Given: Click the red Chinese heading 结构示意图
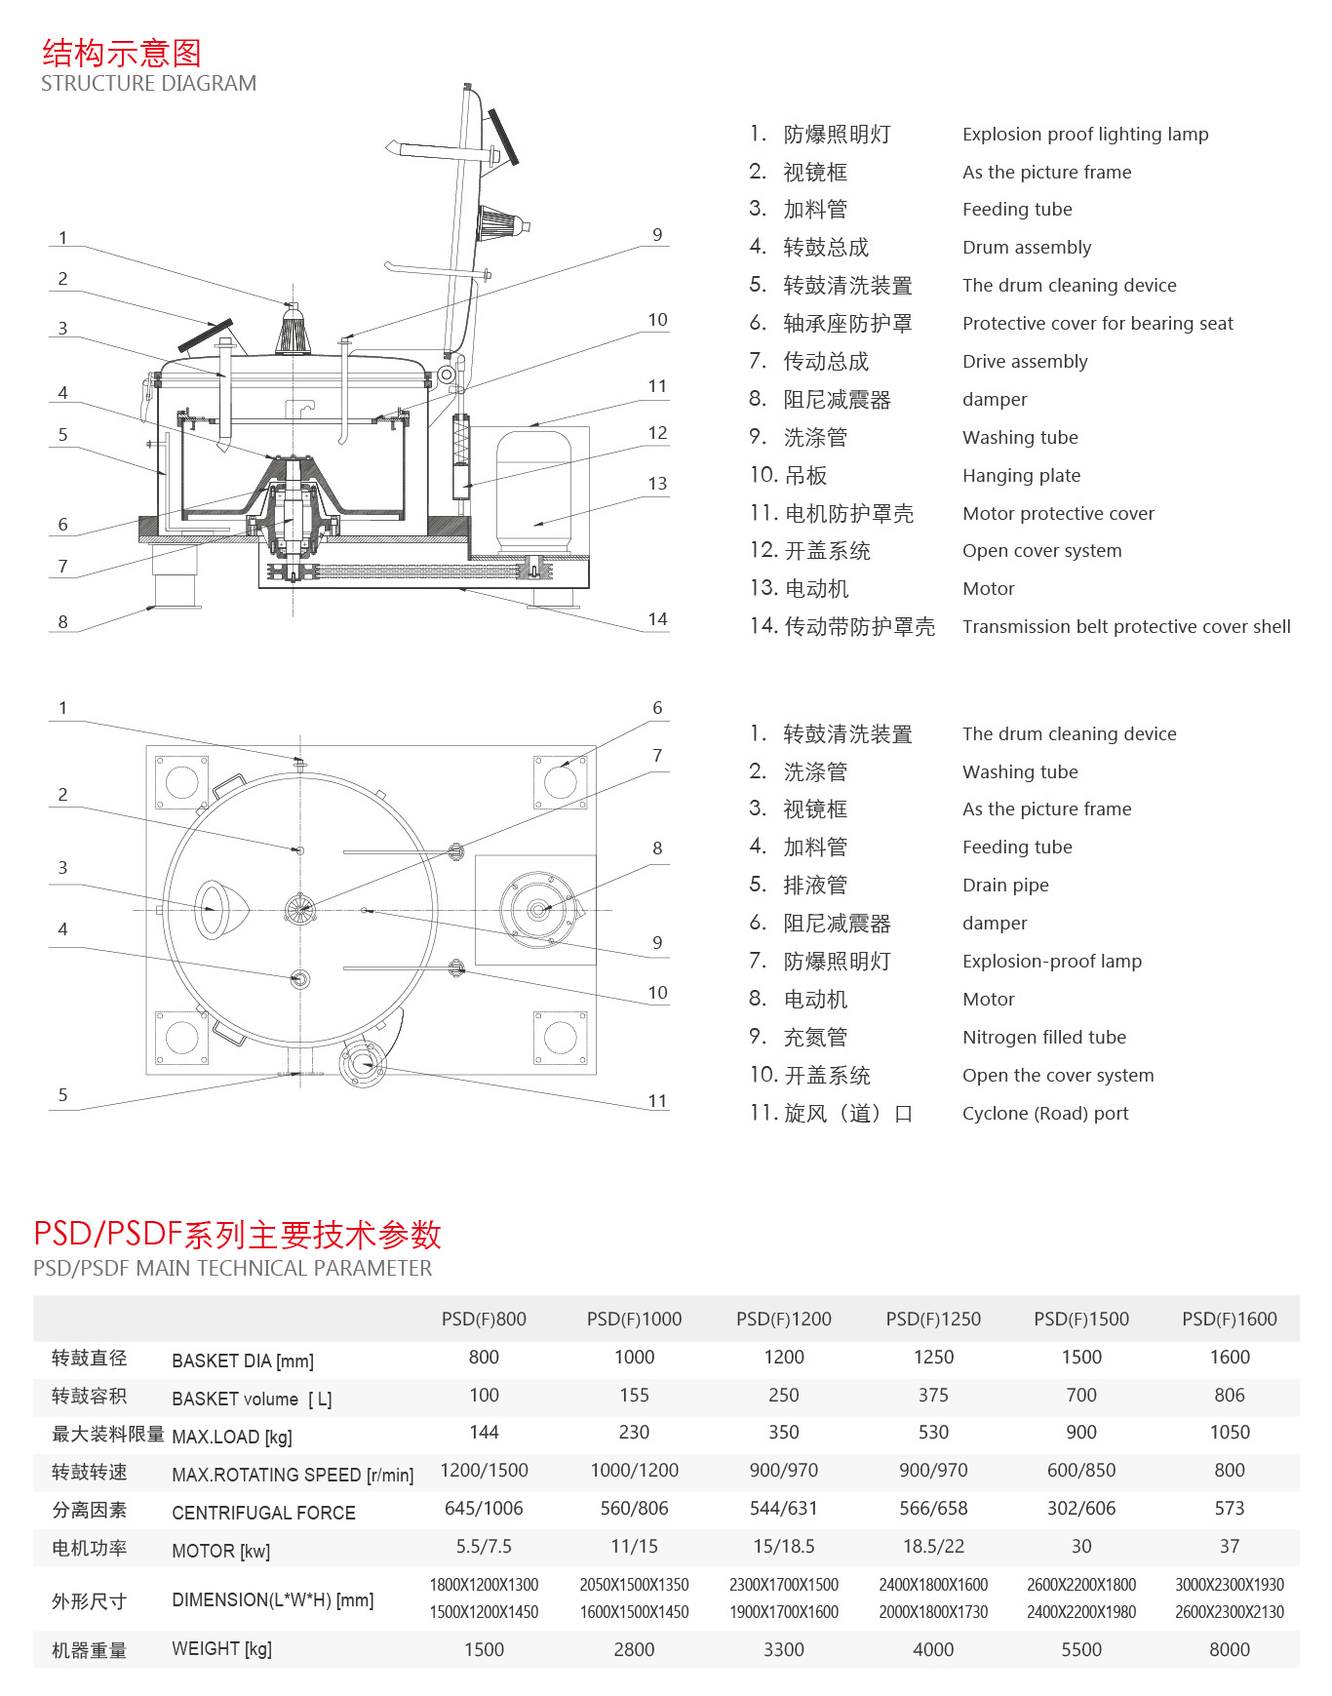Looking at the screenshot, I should click(x=122, y=53).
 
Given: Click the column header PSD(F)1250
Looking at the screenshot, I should click(x=933, y=1320).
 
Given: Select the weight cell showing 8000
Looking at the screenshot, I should click(x=1229, y=1649).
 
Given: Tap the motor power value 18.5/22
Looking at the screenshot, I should click(x=933, y=1547).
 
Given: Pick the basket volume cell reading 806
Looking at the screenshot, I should click(x=1229, y=1396).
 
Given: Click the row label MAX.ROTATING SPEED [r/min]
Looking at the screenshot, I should click(x=293, y=1475).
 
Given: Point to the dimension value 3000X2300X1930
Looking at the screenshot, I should click(x=1229, y=1585).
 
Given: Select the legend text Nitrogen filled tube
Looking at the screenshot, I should click(x=1043, y=1038).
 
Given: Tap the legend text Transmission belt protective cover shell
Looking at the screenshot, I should click(x=1125, y=627).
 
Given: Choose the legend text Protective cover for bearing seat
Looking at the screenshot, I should click(x=1097, y=324).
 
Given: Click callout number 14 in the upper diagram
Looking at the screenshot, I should click(x=657, y=619).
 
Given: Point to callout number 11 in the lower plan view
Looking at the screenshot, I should click(x=657, y=1101).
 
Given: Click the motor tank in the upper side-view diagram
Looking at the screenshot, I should click(x=533, y=493).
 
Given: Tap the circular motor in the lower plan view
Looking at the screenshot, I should click(x=537, y=910).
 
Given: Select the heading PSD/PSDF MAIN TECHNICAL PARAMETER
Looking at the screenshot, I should click(x=232, y=1268).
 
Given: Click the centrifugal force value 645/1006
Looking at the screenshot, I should click(x=484, y=1509).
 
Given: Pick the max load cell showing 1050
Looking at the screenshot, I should click(x=1229, y=1433).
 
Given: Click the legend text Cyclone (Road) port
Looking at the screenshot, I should click(x=1044, y=1114).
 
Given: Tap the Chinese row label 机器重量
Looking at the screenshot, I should click(x=89, y=1650).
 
